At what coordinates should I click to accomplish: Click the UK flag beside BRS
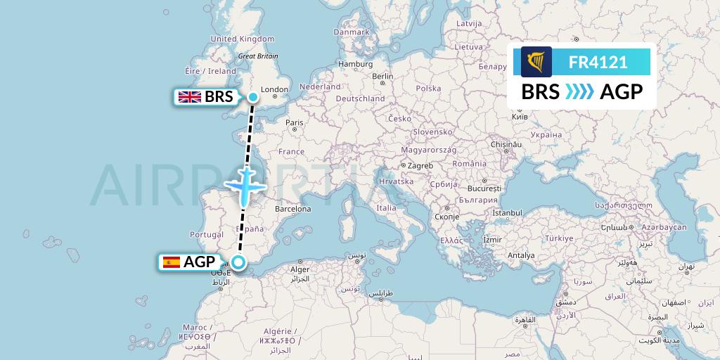click(x=189, y=97)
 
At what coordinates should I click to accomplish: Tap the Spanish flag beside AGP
click(x=171, y=262)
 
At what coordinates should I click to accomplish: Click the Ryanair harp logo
click(x=536, y=61)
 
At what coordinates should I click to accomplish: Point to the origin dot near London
click(x=252, y=96)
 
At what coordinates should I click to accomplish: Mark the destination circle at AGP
click(x=239, y=263)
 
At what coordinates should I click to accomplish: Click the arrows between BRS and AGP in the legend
click(x=580, y=91)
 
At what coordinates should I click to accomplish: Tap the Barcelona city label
click(x=292, y=209)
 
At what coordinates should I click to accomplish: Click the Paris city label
click(x=294, y=122)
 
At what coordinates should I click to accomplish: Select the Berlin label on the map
click(x=382, y=76)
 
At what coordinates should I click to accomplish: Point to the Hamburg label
click(x=355, y=64)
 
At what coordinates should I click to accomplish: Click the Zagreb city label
click(x=420, y=165)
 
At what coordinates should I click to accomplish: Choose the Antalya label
click(x=521, y=255)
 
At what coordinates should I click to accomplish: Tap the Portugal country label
click(x=207, y=234)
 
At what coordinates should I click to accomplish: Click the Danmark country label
click(x=351, y=32)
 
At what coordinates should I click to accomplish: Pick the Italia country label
click(x=386, y=207)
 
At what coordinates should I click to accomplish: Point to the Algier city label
click(x=300, y=269)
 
